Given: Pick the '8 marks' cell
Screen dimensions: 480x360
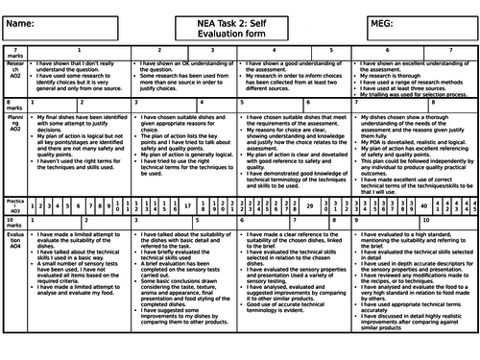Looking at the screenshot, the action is coord(12,131).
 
